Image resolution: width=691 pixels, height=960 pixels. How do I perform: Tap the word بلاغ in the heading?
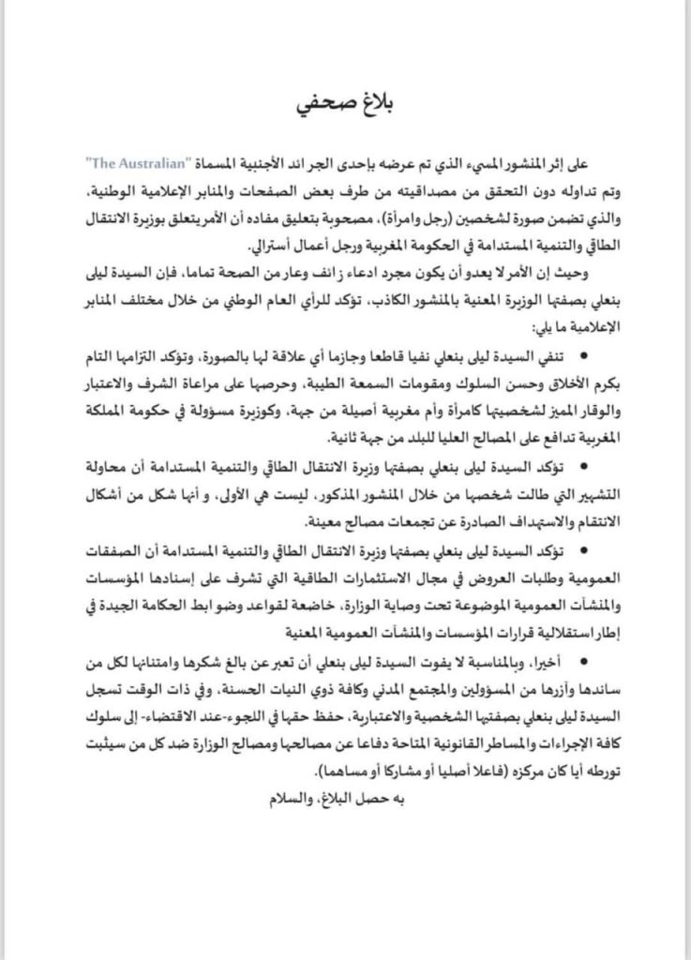[375, 101]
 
